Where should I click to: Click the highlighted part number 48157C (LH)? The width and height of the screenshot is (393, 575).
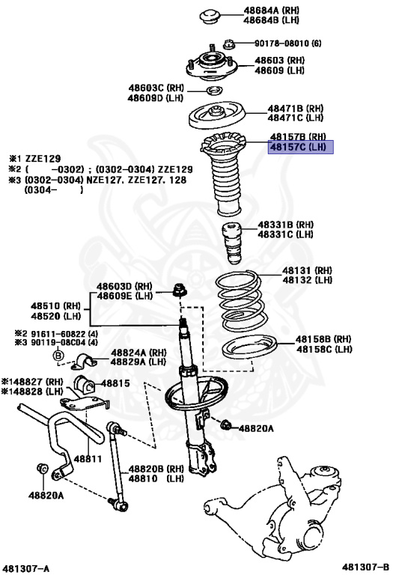click(x=297, y=147)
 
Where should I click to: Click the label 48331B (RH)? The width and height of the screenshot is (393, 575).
click(x=287, y=225)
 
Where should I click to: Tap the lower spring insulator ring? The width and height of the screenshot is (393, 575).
click(x=249, y=348)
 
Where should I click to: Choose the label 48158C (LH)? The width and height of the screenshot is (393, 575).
click(x=323, y=349)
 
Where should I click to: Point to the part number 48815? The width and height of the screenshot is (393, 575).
click(x=116, y=383)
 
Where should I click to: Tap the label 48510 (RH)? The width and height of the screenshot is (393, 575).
click(x=61, y=305)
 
